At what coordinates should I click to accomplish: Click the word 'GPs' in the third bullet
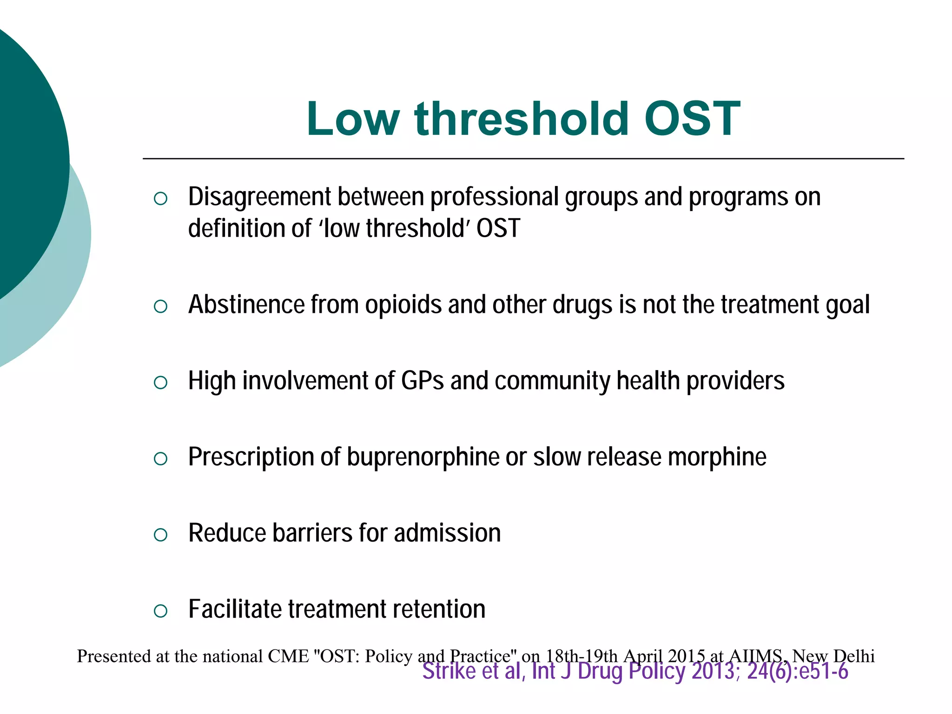click(422, 381)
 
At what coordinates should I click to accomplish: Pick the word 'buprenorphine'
click(423, 457)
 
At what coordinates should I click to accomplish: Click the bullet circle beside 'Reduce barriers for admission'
click(160, 535)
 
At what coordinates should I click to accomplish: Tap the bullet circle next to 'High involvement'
click(160, 383)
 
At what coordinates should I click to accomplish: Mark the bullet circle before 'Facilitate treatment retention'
click(160, 611)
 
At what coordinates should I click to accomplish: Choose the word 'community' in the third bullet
click(552, 381)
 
